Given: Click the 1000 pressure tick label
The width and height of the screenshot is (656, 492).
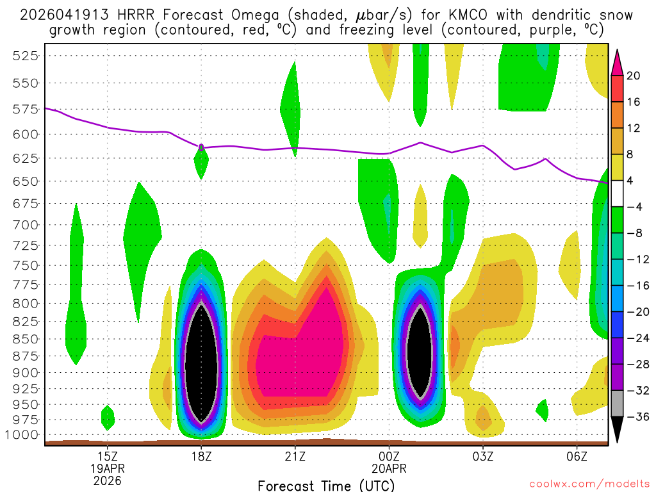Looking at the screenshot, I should (x=24, y=435).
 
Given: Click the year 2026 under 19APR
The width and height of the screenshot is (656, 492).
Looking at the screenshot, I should (x=107, y=480).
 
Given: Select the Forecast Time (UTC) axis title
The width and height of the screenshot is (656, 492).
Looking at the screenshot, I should (x=326, y=486).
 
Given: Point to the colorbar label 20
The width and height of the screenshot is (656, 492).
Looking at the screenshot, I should (x=634, y=76).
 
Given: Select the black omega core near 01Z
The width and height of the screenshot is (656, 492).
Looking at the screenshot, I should (x=420, y=352).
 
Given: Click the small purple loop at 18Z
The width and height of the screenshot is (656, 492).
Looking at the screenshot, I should (x=201, y=147).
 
